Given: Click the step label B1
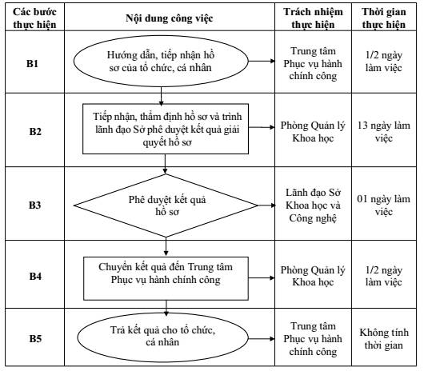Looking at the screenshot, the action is (x=32, y=63).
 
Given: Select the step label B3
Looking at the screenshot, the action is (x=35, y=205).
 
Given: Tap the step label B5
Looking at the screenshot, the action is (x=35, y=338).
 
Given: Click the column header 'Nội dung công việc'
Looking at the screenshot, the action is (x=170, y=18).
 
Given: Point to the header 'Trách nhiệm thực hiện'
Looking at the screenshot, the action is (x=313, y=18).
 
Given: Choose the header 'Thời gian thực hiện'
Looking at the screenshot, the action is (x=384, y=18).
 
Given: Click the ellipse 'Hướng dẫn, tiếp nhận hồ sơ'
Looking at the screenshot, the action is (x=161, y=61).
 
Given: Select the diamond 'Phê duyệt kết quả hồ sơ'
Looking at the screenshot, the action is (x=166, y=205).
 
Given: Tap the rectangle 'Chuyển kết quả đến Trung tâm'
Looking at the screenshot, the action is (x=166, y=278).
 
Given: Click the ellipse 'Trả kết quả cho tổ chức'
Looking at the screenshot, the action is (x=162, y=337).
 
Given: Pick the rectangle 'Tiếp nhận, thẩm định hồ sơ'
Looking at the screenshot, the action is (x=166, y=129).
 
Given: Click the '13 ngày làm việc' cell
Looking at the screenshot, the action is (x=384, y=132).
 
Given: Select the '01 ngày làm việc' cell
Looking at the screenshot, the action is (x=384, y=205).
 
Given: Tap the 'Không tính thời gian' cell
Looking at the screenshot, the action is (x=384, y=338).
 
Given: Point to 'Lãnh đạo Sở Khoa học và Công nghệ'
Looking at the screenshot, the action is (x=313, y=205).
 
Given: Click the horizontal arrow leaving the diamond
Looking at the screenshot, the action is (x=266, y=205).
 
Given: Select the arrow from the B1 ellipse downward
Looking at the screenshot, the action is (x=161, y=96).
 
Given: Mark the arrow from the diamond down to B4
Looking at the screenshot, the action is (x=166, y=247).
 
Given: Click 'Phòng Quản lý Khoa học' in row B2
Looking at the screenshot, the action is (x=313, y=132).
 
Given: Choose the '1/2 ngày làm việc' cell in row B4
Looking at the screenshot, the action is (x=384, y=276).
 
